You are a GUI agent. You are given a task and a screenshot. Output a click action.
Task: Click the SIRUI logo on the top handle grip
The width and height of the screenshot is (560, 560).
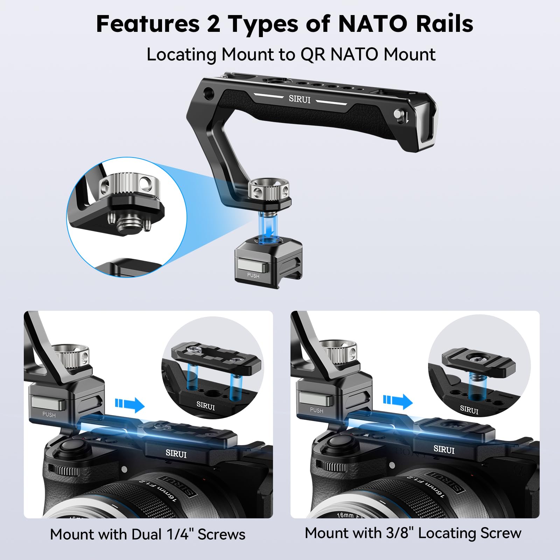300,99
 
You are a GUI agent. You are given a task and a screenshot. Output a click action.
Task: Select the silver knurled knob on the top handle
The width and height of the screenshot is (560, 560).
269,192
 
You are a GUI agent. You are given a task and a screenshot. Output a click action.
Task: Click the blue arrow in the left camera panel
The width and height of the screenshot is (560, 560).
129,404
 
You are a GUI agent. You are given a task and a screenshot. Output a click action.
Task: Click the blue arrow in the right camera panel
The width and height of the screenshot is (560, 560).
398,401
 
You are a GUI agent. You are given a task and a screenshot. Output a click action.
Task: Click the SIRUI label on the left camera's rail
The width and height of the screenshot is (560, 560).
176,453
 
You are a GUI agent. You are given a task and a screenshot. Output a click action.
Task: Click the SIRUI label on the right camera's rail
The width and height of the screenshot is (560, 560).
444,449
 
